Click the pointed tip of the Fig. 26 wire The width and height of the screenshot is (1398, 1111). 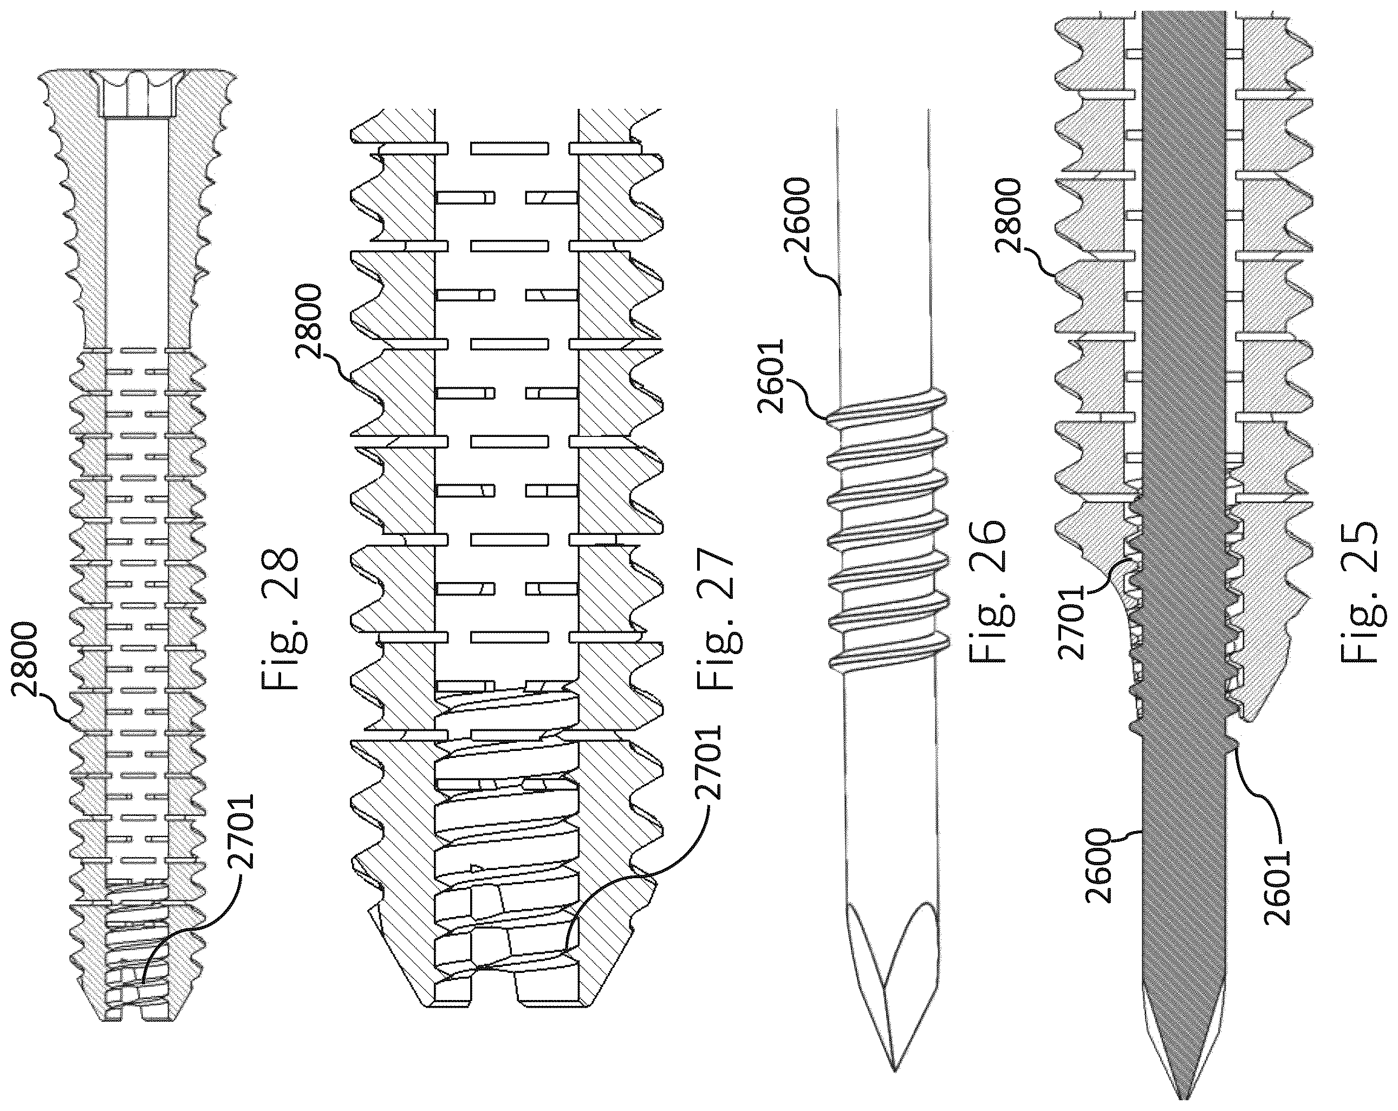click(894, 1071)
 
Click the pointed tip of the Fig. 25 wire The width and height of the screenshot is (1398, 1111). click(1182, 1099)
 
